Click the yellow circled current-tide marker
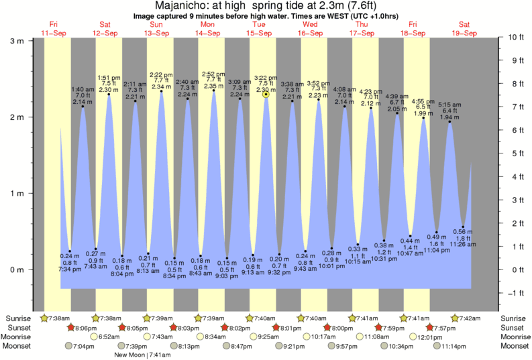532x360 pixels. (x=266, y=95)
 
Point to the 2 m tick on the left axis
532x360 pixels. (x=19, y=117)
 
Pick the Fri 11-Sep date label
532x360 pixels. (x=53, y=28)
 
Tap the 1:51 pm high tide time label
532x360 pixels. (x=109, y=77)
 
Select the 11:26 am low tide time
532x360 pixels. (x=463, y=244)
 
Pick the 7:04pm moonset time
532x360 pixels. (x=83, y=346)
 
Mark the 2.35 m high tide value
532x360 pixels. (x=213, y=86)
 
